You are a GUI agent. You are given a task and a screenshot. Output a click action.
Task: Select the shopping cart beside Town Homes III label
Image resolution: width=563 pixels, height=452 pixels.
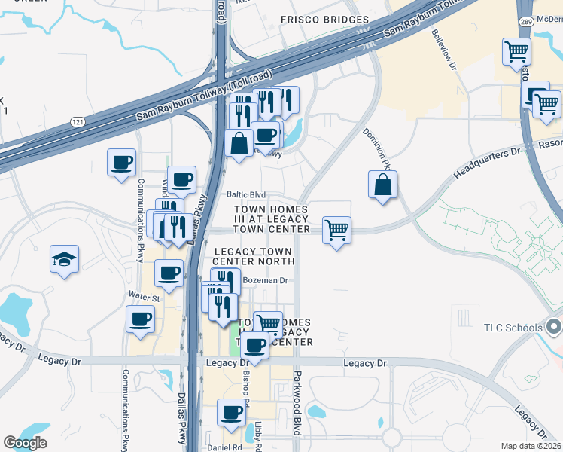click(x=336, y=231)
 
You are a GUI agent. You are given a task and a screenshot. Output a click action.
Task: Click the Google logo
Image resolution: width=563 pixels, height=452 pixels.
click(x=25, y=443)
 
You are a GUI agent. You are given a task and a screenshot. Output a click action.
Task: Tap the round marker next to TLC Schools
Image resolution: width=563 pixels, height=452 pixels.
click(x=555, y=328)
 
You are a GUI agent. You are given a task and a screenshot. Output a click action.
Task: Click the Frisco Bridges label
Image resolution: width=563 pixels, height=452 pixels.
click(x=324, y=20)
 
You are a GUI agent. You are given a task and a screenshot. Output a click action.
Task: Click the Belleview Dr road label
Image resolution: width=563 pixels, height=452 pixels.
click(x=445, y=50)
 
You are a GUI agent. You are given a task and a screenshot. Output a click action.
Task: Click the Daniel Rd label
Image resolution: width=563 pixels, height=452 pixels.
click(x=224, y=447)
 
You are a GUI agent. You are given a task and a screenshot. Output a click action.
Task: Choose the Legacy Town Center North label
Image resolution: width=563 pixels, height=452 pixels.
click(x=254, y=256)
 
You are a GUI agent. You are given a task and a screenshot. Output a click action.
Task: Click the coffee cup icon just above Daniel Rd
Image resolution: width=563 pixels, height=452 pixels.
click(x=231, y=413)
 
